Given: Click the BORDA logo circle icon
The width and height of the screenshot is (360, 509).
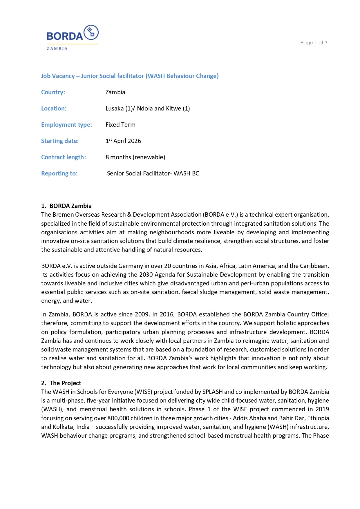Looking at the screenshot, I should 91,32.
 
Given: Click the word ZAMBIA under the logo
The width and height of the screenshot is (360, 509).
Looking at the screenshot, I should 57,48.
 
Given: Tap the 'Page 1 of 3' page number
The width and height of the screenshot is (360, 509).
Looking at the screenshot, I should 314,43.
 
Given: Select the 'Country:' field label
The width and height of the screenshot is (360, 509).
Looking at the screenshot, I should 53,92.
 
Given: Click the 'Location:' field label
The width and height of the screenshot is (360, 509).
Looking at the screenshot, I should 54,108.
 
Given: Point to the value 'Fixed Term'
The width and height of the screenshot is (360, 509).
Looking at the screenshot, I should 120,125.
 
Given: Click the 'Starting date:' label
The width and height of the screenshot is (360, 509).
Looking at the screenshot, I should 60,141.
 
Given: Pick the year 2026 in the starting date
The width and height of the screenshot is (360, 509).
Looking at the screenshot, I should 134,141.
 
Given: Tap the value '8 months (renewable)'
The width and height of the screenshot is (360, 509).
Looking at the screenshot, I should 135,157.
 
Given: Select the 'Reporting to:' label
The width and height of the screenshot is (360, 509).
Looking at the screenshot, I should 59,173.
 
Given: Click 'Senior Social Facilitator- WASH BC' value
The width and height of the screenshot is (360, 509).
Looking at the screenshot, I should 153,173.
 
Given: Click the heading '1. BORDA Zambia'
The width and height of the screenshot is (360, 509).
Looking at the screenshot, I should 66,206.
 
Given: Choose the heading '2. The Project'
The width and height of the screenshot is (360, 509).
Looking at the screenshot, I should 61,383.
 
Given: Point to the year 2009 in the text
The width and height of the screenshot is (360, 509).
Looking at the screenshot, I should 142,314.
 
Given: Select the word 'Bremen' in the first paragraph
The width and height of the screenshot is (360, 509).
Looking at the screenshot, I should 63,215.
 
